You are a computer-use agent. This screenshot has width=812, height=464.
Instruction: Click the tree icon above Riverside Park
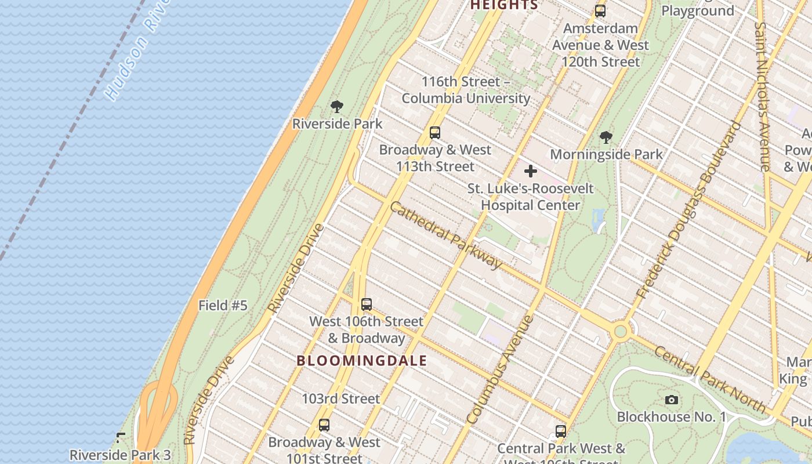point(336,107)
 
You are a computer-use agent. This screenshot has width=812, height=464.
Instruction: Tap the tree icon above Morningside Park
point(606,137)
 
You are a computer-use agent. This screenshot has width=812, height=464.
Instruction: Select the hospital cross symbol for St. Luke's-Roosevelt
point(530,171)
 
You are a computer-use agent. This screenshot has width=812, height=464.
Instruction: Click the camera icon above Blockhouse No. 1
point(671,400)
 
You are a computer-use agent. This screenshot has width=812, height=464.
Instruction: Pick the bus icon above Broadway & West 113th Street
point(435,133)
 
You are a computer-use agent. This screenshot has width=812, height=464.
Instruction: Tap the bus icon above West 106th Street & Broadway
point(366,304)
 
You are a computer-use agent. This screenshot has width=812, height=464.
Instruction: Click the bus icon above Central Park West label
point(560,432)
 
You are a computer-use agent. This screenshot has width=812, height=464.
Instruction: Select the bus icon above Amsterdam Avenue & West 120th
point(600,11)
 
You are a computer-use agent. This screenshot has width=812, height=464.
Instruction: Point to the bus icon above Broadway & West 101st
point(324,425)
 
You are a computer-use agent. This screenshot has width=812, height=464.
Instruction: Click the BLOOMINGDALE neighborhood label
point(361,361)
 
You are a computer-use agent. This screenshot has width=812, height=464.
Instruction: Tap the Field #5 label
point(223,306)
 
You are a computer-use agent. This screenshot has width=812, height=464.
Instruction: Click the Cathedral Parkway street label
point(445,235)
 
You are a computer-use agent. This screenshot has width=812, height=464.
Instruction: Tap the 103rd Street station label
point(340,399)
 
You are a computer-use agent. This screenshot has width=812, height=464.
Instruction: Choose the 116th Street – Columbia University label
point(465,90)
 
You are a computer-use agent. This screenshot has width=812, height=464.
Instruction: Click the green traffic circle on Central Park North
point(621,331)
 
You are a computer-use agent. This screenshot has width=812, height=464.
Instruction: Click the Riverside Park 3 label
point(120,455)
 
